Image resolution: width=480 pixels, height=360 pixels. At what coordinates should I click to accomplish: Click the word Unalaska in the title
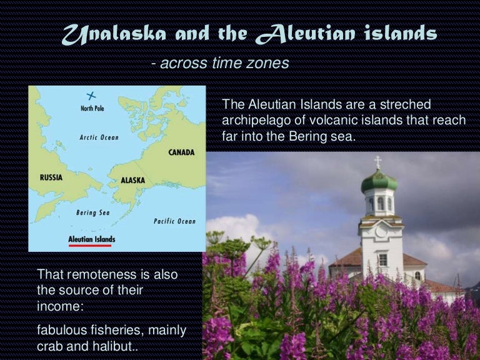click(114, 33)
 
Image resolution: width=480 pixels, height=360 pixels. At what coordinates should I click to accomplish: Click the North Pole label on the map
click(92, 108)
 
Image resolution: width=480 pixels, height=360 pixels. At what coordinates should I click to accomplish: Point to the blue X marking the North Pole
click(91, 96)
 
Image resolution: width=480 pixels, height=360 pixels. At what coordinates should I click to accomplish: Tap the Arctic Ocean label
click(99, 137)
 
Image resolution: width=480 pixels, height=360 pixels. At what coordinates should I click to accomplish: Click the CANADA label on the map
click(181, 152)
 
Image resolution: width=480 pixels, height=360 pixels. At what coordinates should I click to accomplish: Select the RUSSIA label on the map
click(51, 177)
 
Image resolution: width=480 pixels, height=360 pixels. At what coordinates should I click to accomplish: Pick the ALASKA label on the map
click(133, 180)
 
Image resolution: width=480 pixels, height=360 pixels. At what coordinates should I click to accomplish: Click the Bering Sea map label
click(92, 212)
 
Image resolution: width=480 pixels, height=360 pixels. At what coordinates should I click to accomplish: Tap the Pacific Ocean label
click(174, 221)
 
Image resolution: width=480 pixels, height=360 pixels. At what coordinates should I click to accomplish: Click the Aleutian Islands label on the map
click(91, 239)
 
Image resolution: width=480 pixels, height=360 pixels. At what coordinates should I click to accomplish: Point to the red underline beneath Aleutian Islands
click(90, 246)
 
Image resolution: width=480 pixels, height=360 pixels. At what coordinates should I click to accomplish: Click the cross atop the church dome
click(377, 162)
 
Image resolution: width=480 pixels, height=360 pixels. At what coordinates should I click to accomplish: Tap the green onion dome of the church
click(379, 181)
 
